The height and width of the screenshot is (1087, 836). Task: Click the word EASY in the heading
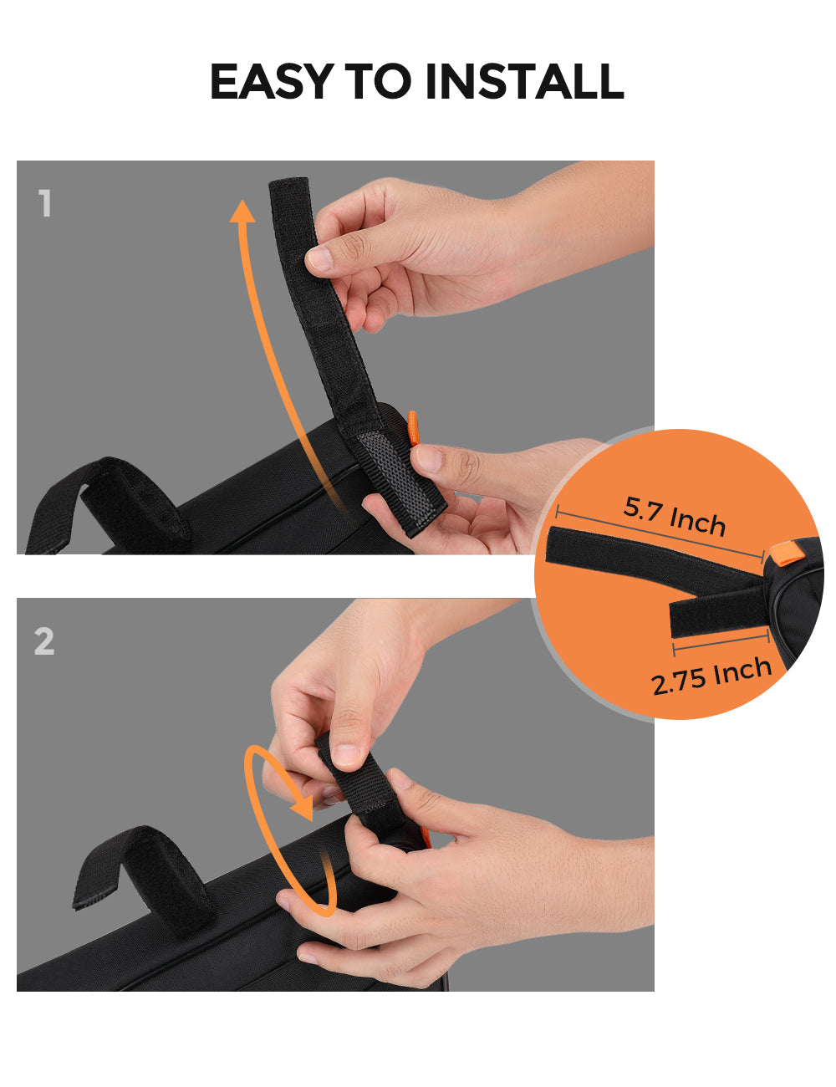pyautogui.click(x=270, y=81)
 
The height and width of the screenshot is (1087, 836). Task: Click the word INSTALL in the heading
pyautogui.click(x=524, y=81)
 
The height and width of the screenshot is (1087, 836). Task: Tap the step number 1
pyautogui.click(x=45, y=204)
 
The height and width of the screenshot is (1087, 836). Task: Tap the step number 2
pyautogui.click(x=44, y=641)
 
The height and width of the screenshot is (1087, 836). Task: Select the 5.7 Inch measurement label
pyautogui.click(x=675, y=516)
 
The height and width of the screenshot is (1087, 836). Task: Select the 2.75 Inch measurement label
pyautogui.click(x=711, y=676)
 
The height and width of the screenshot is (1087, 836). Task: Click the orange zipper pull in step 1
pyautogui.click(x=413, y=428)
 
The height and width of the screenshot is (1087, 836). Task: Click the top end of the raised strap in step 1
pyautogui.click(x=288, y=186)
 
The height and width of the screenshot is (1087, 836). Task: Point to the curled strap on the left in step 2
pyautogui.click(x=142, y=870)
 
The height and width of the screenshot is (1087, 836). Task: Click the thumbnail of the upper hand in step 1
pyautogui.click(x=320, y=259)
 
